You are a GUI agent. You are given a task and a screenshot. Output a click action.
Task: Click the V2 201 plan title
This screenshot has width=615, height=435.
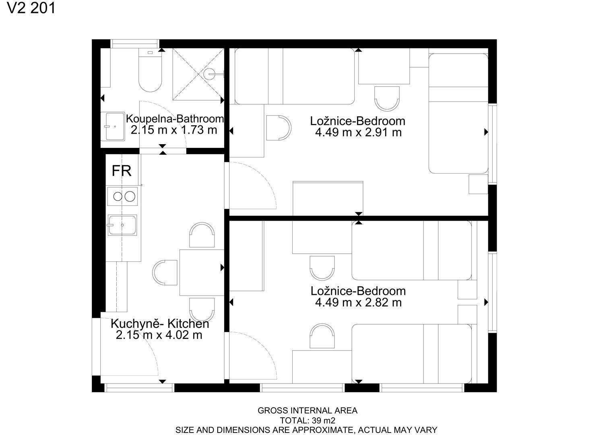point(31,8)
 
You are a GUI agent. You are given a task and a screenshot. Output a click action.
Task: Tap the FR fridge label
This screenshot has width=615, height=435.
point(122,171)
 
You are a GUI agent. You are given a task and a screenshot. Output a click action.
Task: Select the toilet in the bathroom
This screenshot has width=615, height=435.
point(150,70)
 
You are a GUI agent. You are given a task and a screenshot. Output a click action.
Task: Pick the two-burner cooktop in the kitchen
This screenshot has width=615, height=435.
point(122,196)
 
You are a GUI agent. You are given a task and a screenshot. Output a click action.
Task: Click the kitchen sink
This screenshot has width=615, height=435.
point(122,225)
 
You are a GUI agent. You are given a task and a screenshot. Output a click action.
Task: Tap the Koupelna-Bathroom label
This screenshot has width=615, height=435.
point(175,119)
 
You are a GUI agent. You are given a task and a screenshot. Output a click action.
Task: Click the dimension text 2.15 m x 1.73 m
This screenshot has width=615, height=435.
point(174,130)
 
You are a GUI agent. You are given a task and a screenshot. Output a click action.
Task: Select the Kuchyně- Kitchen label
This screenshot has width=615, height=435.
point(160,324)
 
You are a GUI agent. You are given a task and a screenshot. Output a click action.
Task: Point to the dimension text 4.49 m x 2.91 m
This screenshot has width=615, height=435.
point(358,133)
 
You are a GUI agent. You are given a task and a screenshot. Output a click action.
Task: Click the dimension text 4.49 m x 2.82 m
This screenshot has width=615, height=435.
point(358,302)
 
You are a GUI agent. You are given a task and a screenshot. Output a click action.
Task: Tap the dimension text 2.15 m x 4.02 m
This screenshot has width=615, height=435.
point(159,335)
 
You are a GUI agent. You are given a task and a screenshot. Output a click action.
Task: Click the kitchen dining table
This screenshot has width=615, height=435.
point(202,273)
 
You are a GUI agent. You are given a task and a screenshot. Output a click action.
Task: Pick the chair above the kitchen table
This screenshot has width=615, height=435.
point(202,235)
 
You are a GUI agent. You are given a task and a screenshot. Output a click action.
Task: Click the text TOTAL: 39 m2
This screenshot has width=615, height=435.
point(307,420)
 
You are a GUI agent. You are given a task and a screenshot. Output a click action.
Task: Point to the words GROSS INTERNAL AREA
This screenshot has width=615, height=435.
point(307,410)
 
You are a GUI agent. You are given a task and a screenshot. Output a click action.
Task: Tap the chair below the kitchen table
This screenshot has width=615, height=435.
point(202,310)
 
